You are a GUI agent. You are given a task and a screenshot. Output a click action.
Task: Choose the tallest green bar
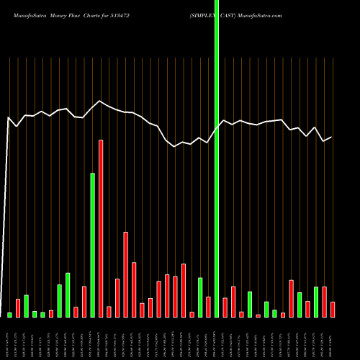click(x=93, y=245)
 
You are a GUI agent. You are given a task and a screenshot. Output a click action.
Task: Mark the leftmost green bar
click(x=10, y=315)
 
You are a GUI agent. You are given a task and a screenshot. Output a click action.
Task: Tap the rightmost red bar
click(x=333, y=310)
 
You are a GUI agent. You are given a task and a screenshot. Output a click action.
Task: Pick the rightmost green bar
click(x=316, y=302)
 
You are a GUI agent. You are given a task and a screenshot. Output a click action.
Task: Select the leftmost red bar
click(x=18, y=307)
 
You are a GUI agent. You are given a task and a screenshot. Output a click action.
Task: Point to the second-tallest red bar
click(x=126, y=274)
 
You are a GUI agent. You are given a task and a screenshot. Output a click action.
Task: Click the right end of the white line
click(x=331, y=137)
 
